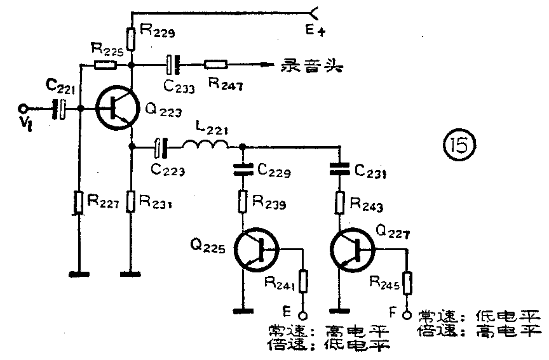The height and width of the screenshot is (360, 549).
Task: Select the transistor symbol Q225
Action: click(x=255, y=250)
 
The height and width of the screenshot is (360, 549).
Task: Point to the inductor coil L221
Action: click(x=207, y=147)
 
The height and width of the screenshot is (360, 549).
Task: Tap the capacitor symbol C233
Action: click(x=172, y=64)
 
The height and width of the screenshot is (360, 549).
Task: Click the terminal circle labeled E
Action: click(x=304, y=314)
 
